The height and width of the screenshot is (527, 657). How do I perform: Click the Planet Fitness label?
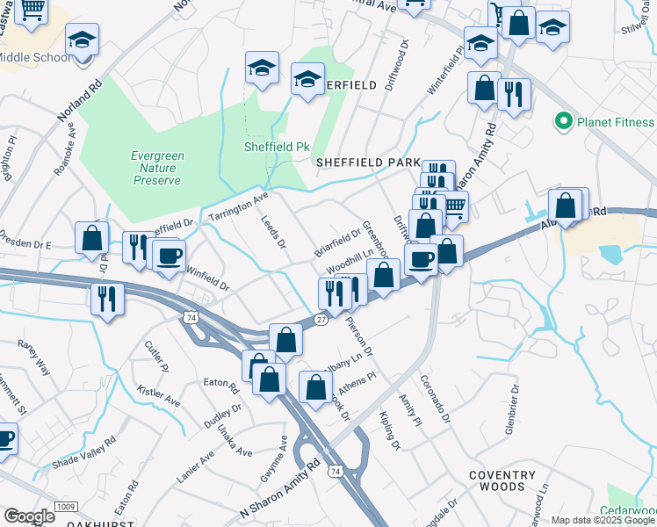pyautogui.click(x=616, y=121)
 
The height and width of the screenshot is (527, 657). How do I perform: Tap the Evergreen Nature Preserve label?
pyautogui.click(x=157, y=168)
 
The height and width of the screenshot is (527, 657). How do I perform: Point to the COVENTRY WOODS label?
pyautogui.click(x=502, y=480)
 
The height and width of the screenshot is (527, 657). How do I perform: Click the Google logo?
pyautogui.click(x=29, y=516)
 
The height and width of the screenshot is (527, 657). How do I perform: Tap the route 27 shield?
pyautogui.click(x=321, y=320)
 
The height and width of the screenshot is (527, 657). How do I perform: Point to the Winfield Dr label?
pyautogui.click(x=206, y=280)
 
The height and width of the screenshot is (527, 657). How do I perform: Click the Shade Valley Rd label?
pyautogui.click(x=84, y=452)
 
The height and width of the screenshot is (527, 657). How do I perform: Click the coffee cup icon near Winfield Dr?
pyautogui.click(x=169, y=256)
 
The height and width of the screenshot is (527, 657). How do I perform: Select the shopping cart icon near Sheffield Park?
pyautogui.click(x=453, y=206)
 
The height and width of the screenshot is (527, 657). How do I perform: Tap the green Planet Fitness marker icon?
pyautogui.click(x=563, y=121)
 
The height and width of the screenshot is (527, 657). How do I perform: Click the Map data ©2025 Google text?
pyautogui.click(x=602, y=520)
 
